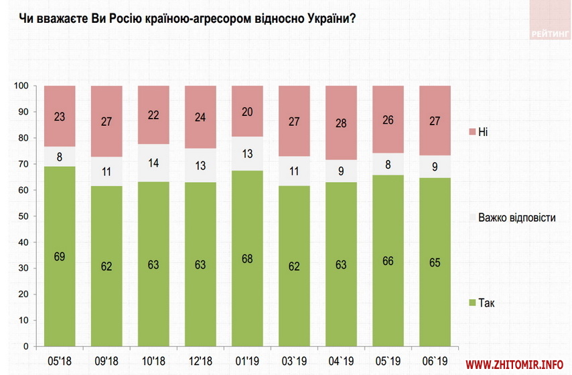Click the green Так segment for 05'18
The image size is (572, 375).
pyautogui.click(x=59, y=256)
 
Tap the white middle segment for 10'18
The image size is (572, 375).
pyautogui.click(x=153, y=163)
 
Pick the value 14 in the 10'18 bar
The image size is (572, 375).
pyautogui.click(x=153, y=163)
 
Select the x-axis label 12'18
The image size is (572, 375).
pyautogui.click(x=200, y=359)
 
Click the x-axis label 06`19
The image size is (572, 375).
pyautogui.click(x=435, y=359)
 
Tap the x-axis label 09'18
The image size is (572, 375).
pyautogui.click(x=106, y=359)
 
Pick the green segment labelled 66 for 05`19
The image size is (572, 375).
pyautogui.click(x=388, y=261)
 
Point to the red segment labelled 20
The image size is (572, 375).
pyautogui.click(x=246, y=111)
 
